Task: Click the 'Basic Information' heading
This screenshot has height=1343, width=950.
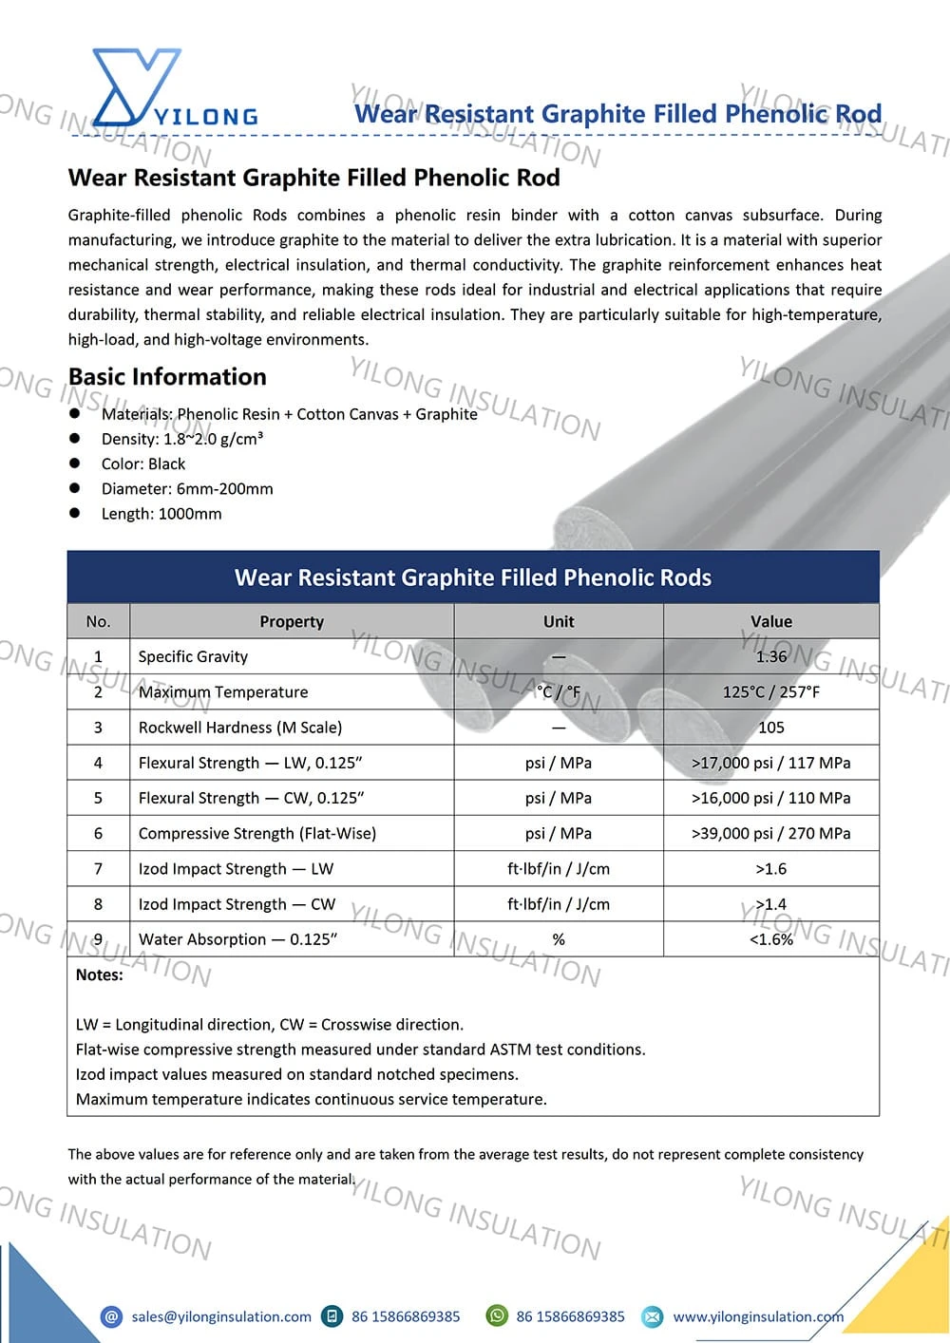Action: [x=167, y=377]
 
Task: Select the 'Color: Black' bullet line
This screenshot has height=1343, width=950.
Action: [x=143, y=464]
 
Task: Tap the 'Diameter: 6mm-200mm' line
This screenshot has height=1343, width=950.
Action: [x=187, y=489]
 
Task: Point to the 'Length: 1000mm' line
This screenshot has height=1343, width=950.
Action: [x=161, y=514]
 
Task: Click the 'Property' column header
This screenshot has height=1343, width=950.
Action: [x=292, y=622]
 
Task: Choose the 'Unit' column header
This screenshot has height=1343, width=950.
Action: [x=559, y=622]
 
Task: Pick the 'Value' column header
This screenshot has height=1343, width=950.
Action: [x=770, y=622]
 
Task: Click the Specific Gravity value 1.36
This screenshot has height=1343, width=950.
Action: [x=770, y=657]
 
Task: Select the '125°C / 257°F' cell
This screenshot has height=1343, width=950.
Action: [x=770, y=692]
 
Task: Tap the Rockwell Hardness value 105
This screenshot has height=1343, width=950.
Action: [x=770, y=728]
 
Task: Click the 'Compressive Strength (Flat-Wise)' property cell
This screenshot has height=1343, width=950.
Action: [x=257, y=834]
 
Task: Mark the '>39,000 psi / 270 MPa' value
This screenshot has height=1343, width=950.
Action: [x=770, y=834]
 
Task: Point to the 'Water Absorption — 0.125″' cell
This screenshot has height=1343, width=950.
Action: [x=237, y=940]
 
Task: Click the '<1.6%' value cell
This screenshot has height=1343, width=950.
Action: [x=770, y=940]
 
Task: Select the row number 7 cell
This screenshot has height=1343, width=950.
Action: [x=98, y=869]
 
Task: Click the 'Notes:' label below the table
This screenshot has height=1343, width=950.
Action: [x=100, y=975]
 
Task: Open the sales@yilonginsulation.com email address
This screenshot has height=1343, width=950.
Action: [x=221, y=1316]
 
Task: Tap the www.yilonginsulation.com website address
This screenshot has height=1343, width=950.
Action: [x=758, y=1316]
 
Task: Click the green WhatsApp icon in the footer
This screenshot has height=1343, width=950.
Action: [x=497, y=1316]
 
